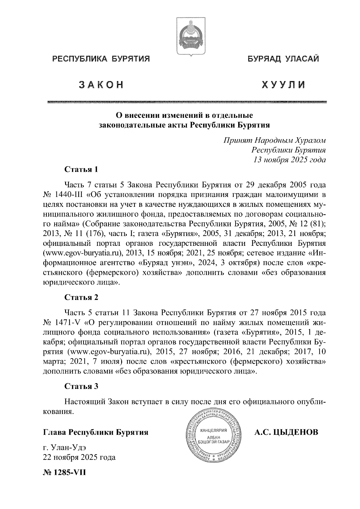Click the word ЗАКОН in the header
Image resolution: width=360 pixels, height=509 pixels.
point(101,85)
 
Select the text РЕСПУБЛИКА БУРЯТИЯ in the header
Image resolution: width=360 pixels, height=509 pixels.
point(101,59)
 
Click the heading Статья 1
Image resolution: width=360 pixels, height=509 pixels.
point(82,170)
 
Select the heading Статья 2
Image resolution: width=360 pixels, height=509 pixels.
point(82,297)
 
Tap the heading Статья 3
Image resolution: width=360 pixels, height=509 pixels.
point(82,386)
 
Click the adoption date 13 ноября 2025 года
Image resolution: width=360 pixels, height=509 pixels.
point(289,160)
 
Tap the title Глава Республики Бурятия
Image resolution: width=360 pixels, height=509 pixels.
point(96,433)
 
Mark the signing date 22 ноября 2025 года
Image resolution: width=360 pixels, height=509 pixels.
point(79,458)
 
